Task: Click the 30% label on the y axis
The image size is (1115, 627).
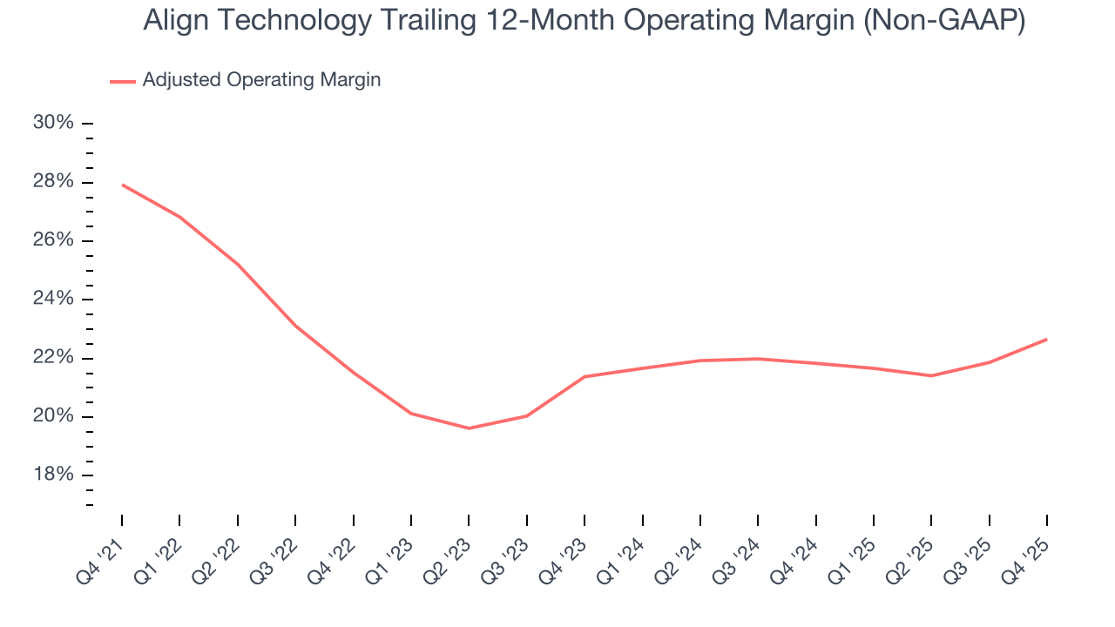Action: point(53,123)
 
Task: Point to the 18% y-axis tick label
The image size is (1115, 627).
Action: point(53,475)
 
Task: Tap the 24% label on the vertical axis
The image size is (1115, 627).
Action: point(53,300)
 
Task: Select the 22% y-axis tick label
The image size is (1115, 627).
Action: point(53,358)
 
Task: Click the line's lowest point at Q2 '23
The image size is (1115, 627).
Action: point(469,428)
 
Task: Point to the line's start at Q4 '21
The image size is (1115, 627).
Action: point(122,185)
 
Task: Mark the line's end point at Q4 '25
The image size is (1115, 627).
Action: point(1046,339)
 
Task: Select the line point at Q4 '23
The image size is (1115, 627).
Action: point(585,376)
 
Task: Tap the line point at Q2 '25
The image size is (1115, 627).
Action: point(931,375)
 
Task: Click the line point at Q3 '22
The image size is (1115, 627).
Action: point(295,326)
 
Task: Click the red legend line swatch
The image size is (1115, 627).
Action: point(123,81)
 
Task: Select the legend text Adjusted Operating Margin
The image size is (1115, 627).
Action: point(261,80)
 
